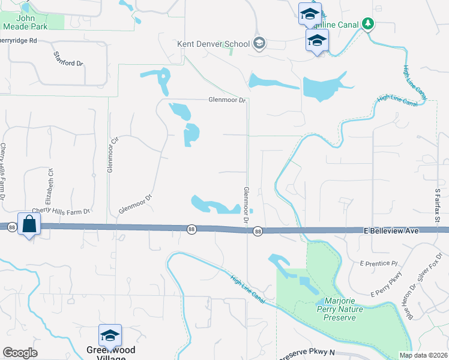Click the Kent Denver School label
click(x=213, y=44)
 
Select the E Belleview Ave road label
click(x=390, y=230)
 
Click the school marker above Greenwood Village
click(x=110, y=335)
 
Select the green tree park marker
click(x=368, y=25)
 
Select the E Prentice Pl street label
click(x=379, y=263)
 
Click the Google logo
click(x=20, y=352)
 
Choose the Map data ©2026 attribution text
click(x=423, y=355)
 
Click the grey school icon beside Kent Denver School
click(x=259, y=43)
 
